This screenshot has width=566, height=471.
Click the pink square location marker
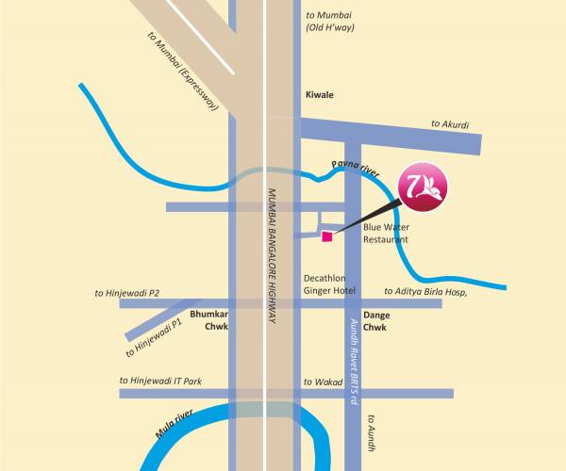(x=327, y=235)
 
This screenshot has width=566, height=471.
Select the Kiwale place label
(x=321, y=96)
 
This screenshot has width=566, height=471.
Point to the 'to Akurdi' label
(x=450, y=124)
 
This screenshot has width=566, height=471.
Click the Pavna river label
(x=355, y=169)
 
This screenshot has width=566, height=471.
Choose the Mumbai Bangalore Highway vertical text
(x=272, y=256)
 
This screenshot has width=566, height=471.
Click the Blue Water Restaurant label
(x=386, y=234)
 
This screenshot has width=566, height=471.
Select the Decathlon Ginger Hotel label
(x=327, y=285)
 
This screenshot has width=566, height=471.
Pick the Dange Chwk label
(x=375, y=321)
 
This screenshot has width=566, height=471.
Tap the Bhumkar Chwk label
(x=209, y=321)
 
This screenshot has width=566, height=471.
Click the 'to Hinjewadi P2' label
(x=127, y=294)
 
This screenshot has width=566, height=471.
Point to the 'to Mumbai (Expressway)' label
(x=183, y=72)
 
